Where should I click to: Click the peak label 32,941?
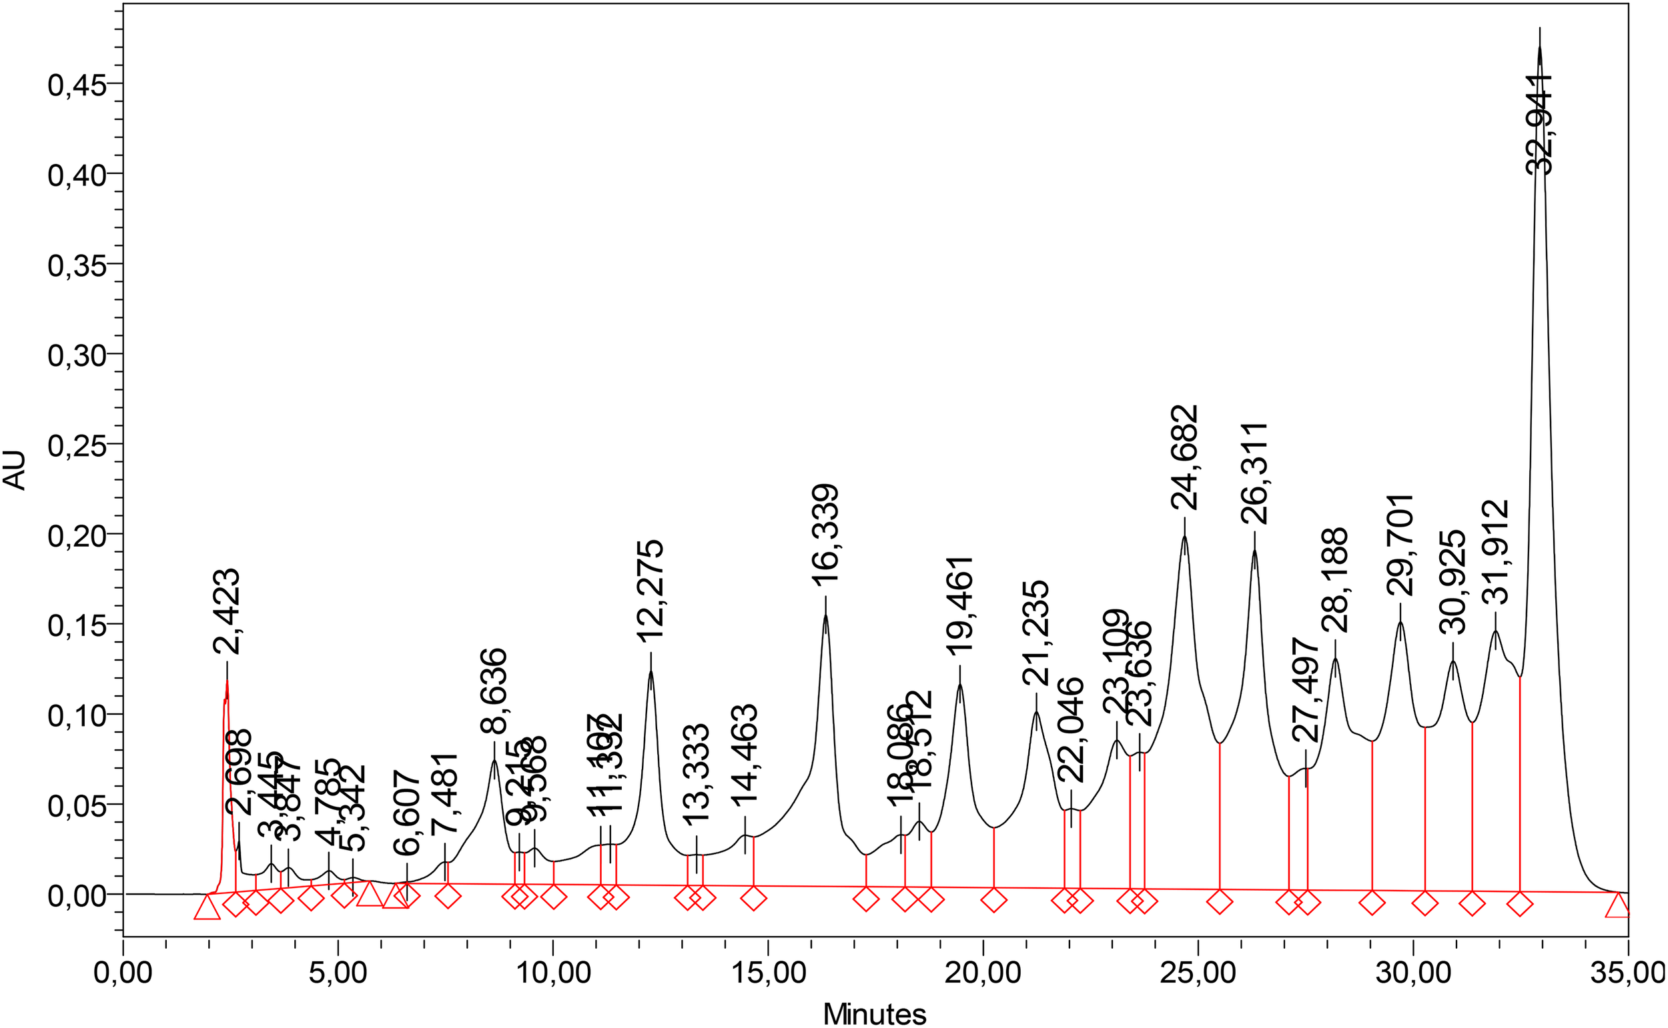[x=1539, y=125]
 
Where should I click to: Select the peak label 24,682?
[x=1184, y=457]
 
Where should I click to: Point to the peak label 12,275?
[x=651, y=591]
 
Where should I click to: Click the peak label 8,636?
[x=494, y=691]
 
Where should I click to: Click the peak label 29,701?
[x=1400, y=545]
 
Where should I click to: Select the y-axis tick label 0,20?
[x=77, y=537]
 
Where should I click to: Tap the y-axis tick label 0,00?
[x=77, y=896]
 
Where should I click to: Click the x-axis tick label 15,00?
[x=768, y=973]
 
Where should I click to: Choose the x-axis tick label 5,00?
[x=338, y=973]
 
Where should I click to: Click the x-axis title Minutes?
[x=874, y=1014]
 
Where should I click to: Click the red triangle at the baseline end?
[x=1618, y=905]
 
